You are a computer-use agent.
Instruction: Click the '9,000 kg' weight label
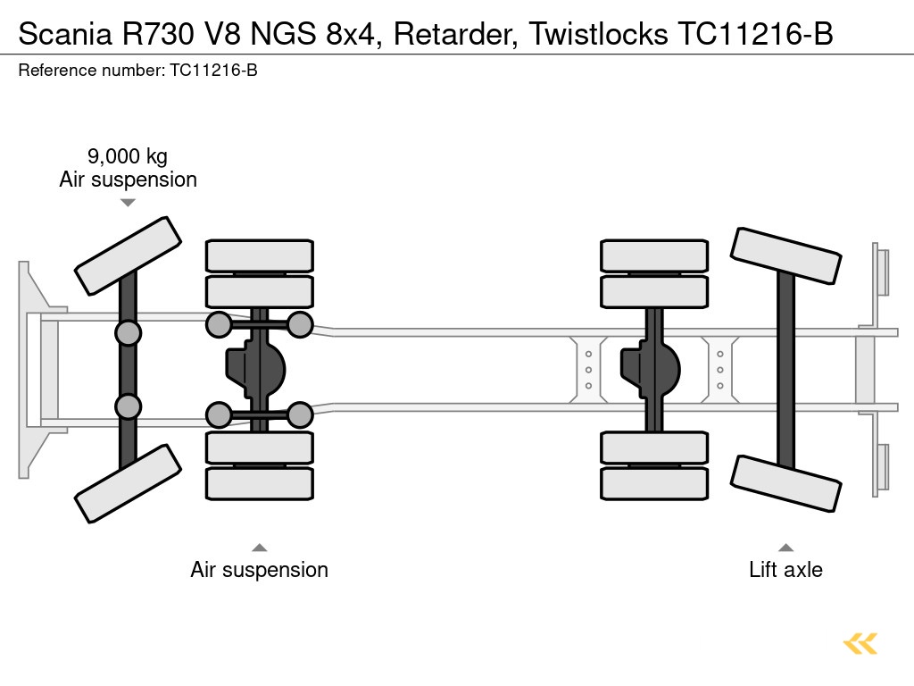(x=128, y=156)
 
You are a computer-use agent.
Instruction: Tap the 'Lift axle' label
(x=785, y=570)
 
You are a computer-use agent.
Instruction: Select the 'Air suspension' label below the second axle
(x=259, y=570)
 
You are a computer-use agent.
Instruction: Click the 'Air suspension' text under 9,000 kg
(x=128, y=180)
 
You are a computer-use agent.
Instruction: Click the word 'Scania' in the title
(x=61, y=33)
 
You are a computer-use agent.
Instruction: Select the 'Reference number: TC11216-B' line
(x=137, y=71)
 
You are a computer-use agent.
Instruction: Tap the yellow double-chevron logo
(x=860, y=643)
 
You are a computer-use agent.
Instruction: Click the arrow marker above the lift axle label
(x=785, y=548)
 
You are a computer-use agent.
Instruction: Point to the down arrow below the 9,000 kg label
(x=128, y=203)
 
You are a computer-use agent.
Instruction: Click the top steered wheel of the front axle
(x=128, y=255)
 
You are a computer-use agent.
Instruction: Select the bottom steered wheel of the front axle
(x=128, y=483)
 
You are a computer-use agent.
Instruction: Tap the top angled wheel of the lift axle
(x=785, y=255)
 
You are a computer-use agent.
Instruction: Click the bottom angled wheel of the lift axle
(x=785, y=483)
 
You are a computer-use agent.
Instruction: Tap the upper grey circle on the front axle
(x=128, y=333)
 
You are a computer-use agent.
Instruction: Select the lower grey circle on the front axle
(x=128, y=406)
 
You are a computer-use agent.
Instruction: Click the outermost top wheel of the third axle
(x=653, y=255)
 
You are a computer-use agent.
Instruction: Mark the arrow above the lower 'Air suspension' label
(x=259, y=548)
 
